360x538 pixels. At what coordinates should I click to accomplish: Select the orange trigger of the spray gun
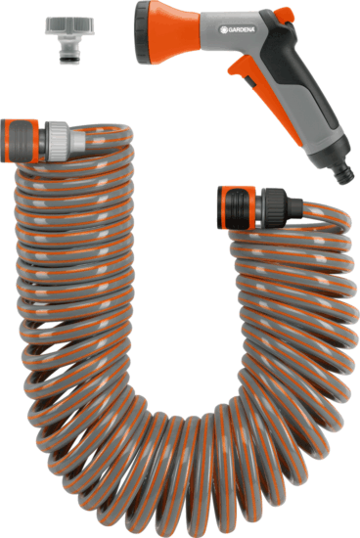pyautogui.click(x=246, y=69)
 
